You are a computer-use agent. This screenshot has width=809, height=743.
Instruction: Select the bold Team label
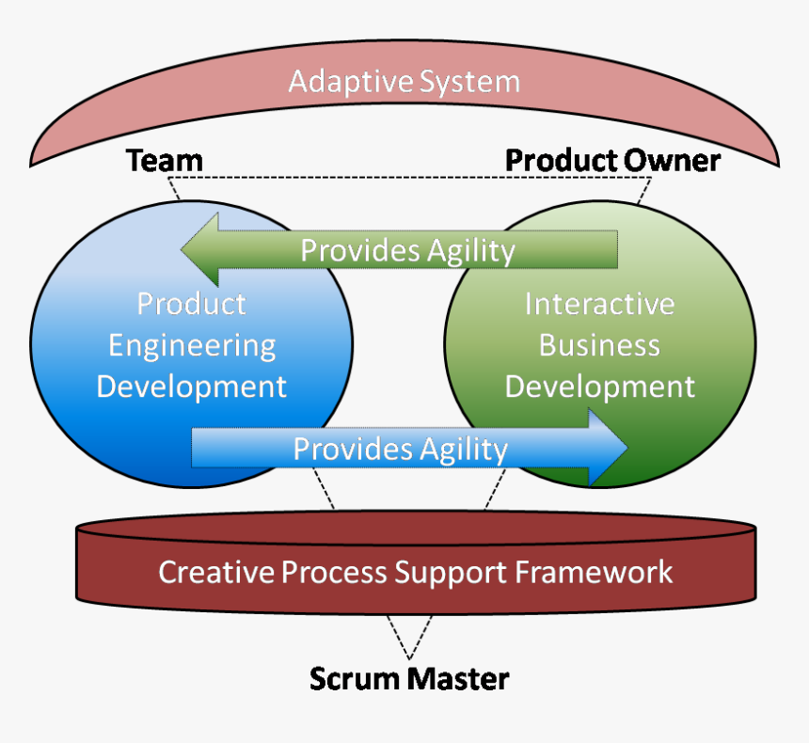pos(165,161)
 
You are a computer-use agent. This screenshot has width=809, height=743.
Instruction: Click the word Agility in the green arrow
pos(471,251)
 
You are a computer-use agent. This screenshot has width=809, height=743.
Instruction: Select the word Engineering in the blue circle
pos(192,345)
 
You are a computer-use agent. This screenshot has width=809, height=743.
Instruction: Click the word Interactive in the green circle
pos(599,304)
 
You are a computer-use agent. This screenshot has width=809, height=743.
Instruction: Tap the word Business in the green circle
pos(599,345)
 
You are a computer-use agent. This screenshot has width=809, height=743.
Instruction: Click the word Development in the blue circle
pos(192,386)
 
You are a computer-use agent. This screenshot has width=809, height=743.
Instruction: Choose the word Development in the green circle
pos(600,386)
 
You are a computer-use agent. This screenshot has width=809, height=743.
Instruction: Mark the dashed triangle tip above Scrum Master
pos(409,657)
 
